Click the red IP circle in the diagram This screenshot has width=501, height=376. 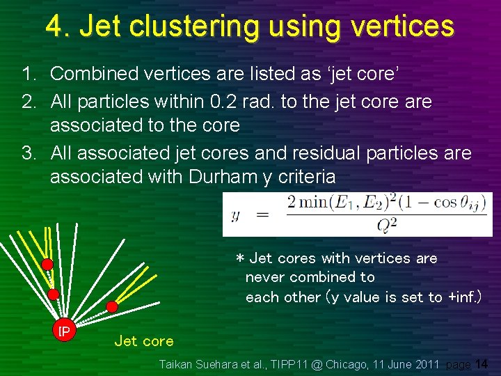point(63,331)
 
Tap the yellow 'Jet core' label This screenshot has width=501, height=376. point(143,340)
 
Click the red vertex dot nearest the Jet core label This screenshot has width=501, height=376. point(111,306)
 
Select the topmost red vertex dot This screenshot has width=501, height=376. point(47,265)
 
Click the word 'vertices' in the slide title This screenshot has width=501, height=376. point(403,26)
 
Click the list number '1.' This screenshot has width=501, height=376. point(29,73)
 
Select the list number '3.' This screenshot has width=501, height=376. point(29,152)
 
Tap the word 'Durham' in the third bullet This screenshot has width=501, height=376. point(220,177)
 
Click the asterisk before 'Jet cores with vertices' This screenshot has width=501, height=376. point(240,259)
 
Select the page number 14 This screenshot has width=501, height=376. point(481,364)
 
